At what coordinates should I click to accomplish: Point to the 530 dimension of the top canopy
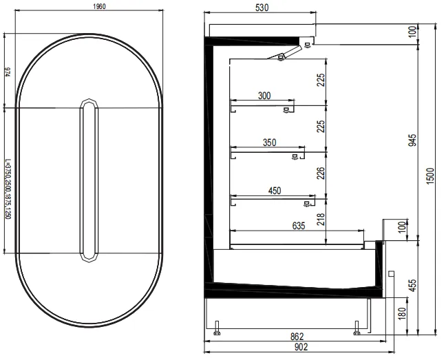(x=261, y=8)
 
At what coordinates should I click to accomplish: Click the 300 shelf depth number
(x=264, y=96)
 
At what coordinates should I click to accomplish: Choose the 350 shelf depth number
(x=269, y=142)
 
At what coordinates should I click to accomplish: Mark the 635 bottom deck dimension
(x=298, y=224)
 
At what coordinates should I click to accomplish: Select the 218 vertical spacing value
(x=320, y=220)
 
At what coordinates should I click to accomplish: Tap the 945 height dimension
(x=413, y=141)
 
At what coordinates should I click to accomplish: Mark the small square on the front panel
(x=391, y=274)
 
